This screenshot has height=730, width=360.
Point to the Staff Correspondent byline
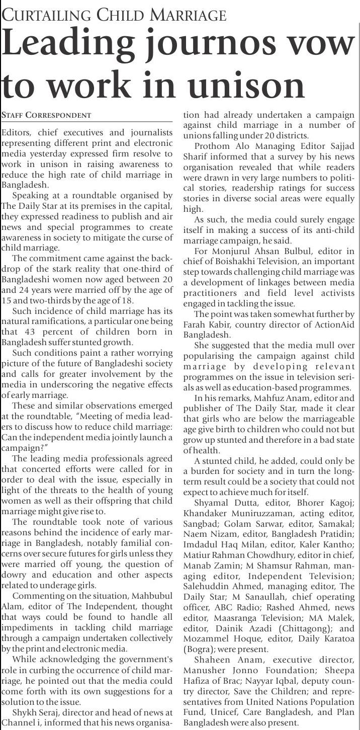tap(46, 115)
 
